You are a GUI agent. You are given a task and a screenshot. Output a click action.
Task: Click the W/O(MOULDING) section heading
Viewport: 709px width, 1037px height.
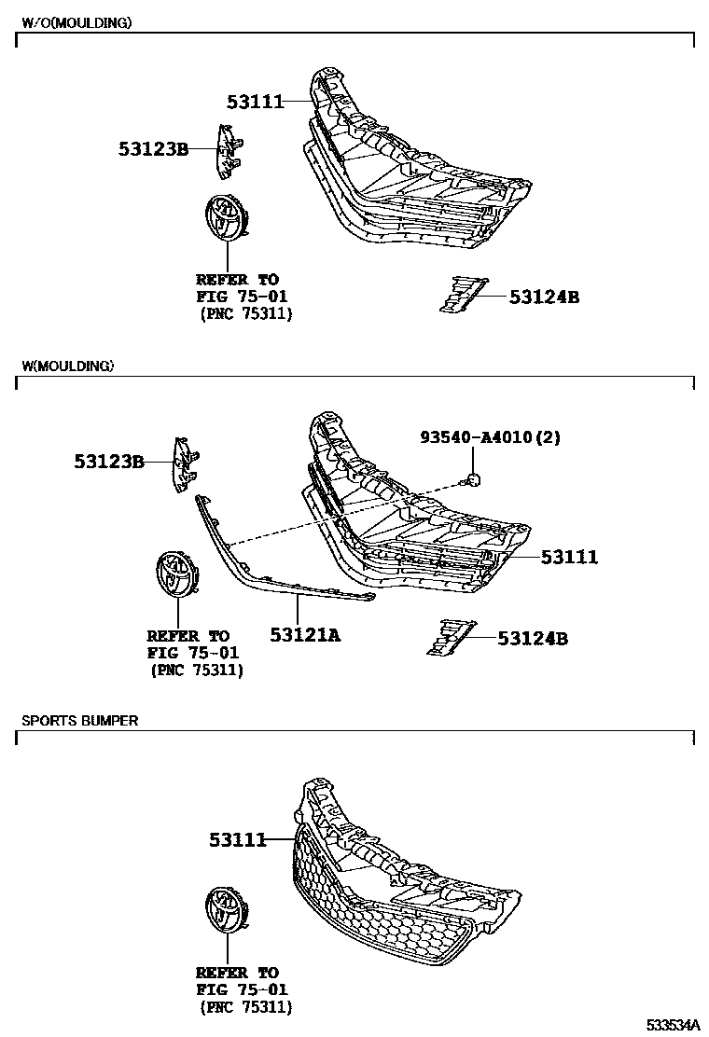[76, 21]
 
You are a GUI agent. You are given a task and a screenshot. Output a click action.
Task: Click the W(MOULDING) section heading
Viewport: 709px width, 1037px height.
[67, 366]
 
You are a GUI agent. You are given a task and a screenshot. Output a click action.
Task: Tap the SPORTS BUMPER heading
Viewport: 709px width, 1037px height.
[80, 720]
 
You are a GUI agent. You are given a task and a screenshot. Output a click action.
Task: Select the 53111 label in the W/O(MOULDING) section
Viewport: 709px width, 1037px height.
[255, 101]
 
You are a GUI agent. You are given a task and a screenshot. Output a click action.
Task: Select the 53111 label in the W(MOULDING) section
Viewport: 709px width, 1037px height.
[569, 557]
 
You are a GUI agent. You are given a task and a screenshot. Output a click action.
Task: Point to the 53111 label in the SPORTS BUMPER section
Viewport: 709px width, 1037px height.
[238, 840]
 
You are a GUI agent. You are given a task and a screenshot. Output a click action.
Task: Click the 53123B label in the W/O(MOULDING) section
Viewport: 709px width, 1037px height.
[153, 148]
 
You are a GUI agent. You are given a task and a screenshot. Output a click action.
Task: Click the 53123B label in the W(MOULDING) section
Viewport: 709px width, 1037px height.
[109, 461]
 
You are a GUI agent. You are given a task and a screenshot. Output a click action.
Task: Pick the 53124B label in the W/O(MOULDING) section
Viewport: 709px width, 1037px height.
[544, 297]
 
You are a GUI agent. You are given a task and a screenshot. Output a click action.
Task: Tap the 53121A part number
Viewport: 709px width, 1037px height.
[305, 635]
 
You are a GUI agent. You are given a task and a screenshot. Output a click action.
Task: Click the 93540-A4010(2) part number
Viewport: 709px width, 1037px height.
[490, 437]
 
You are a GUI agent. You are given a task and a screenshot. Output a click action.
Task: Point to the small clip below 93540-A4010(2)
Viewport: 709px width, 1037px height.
[473, 480]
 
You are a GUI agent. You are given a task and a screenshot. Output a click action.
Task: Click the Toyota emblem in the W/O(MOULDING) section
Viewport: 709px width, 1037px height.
[223, 221]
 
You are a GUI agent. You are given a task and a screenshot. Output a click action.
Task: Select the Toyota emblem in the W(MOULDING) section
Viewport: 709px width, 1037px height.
[174, 574]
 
